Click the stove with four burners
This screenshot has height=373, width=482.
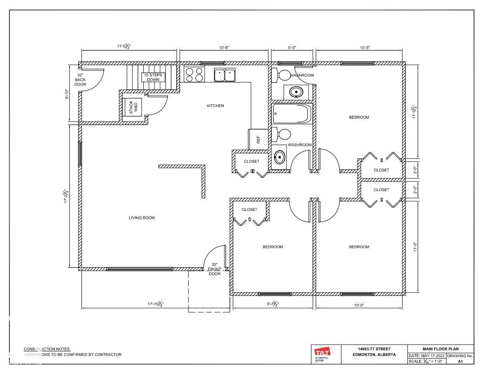[x=194, y=75]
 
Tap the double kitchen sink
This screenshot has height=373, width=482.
[x=225, y=75]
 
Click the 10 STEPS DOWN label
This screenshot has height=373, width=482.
[x=153, y=77]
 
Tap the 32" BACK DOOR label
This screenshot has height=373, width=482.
[x=80, y=80]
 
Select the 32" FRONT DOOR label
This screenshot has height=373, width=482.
[x=214, y=269]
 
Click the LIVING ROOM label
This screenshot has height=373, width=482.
[x=142, y=218]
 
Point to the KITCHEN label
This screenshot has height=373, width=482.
[x=215, y=106]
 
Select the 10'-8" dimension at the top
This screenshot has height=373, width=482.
[x=224, y=48]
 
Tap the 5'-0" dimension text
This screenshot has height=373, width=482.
[x=292, y=48]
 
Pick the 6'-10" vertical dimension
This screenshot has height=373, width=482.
[x=67, y=94]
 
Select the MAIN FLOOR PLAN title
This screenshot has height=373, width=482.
[x=441, y=349]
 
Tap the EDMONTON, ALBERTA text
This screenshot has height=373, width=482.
[x=374, y=355]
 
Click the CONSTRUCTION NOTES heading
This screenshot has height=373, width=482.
[x=47, y=349]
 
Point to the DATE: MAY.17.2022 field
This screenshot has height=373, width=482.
[x=427, y=355]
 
